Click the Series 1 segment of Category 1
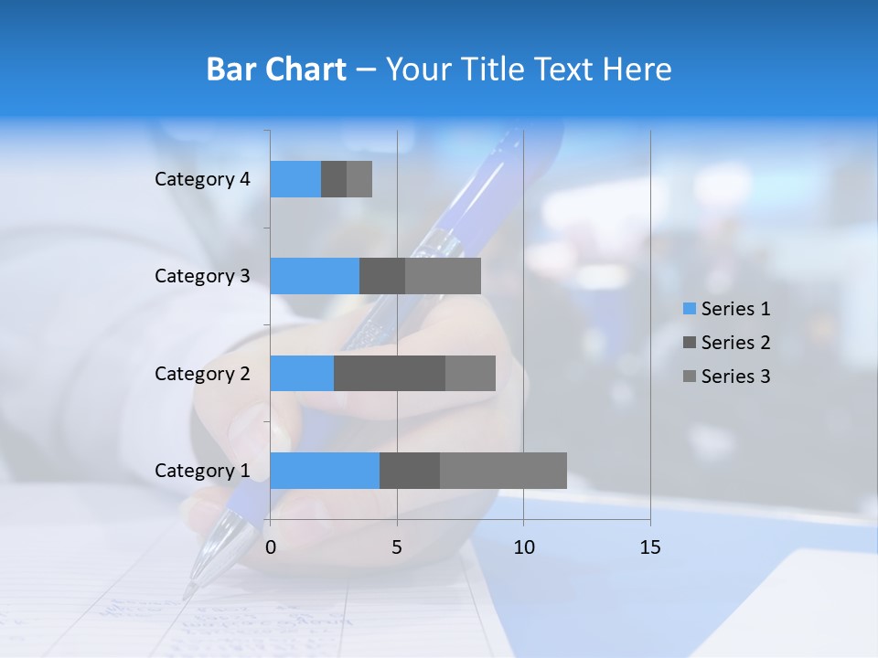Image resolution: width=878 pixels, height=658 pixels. [325, 470]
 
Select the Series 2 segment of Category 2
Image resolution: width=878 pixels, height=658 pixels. [390, 373]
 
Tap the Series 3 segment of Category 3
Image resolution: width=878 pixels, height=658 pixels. [443, 276]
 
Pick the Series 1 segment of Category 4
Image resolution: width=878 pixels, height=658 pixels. [295, 179]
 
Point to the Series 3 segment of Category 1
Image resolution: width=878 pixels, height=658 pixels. [503, 470]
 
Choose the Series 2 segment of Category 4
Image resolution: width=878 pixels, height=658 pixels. [334, 179]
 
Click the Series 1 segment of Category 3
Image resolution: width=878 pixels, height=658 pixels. [315, 276]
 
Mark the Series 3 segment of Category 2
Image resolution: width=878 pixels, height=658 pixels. [470, 373]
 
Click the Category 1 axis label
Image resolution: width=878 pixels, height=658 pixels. [202, 471]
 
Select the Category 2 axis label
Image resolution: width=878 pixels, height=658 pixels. [202, 374]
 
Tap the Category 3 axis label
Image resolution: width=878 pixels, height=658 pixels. [202, 276]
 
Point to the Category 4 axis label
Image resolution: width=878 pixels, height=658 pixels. [202, 179]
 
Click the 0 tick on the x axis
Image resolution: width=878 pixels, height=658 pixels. [271, 547]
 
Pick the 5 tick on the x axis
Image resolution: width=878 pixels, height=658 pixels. [397, 547]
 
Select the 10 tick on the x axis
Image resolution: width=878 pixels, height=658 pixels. [523, 547]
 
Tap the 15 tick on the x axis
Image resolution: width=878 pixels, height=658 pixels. [650, 547]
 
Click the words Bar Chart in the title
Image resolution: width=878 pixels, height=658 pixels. [276, 69]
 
